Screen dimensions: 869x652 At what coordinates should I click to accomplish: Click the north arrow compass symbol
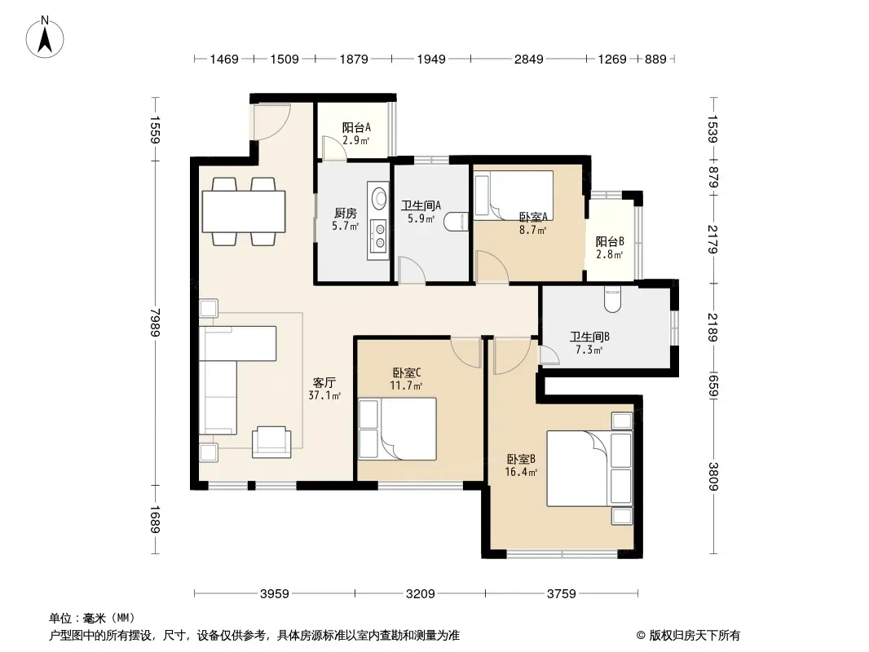tap(45, 37)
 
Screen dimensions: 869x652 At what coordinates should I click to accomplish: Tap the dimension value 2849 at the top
tap(529, 59)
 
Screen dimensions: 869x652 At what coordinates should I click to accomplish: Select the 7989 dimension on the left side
tap(155, 323)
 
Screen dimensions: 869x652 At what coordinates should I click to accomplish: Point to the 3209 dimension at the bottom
tap(420, 594)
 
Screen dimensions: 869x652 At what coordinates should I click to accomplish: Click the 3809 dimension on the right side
tap(712, 477)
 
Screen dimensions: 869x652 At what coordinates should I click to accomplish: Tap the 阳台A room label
tap(355, 128)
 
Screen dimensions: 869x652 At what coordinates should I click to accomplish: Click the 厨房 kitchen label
tap(346, 214)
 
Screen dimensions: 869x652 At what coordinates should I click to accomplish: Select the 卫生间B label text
tap(589, 337)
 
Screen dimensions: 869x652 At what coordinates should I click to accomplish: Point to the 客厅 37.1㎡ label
tap(324, 389)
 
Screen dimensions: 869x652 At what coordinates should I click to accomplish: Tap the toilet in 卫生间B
tap(612, 299)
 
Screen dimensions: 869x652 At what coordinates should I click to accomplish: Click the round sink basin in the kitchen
tap(379, 198)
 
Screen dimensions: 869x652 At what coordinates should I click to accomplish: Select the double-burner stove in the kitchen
tap(379, 236)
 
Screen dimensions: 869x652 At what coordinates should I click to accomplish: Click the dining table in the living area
tap(244, 211)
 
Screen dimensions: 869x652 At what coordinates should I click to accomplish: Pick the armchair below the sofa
tap(271, 442)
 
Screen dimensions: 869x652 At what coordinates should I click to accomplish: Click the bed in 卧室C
tap(397, 429)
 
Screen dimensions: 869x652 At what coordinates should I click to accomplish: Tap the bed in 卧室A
tap(514, 196)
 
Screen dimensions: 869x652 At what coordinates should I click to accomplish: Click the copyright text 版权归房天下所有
tap(695, 636)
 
